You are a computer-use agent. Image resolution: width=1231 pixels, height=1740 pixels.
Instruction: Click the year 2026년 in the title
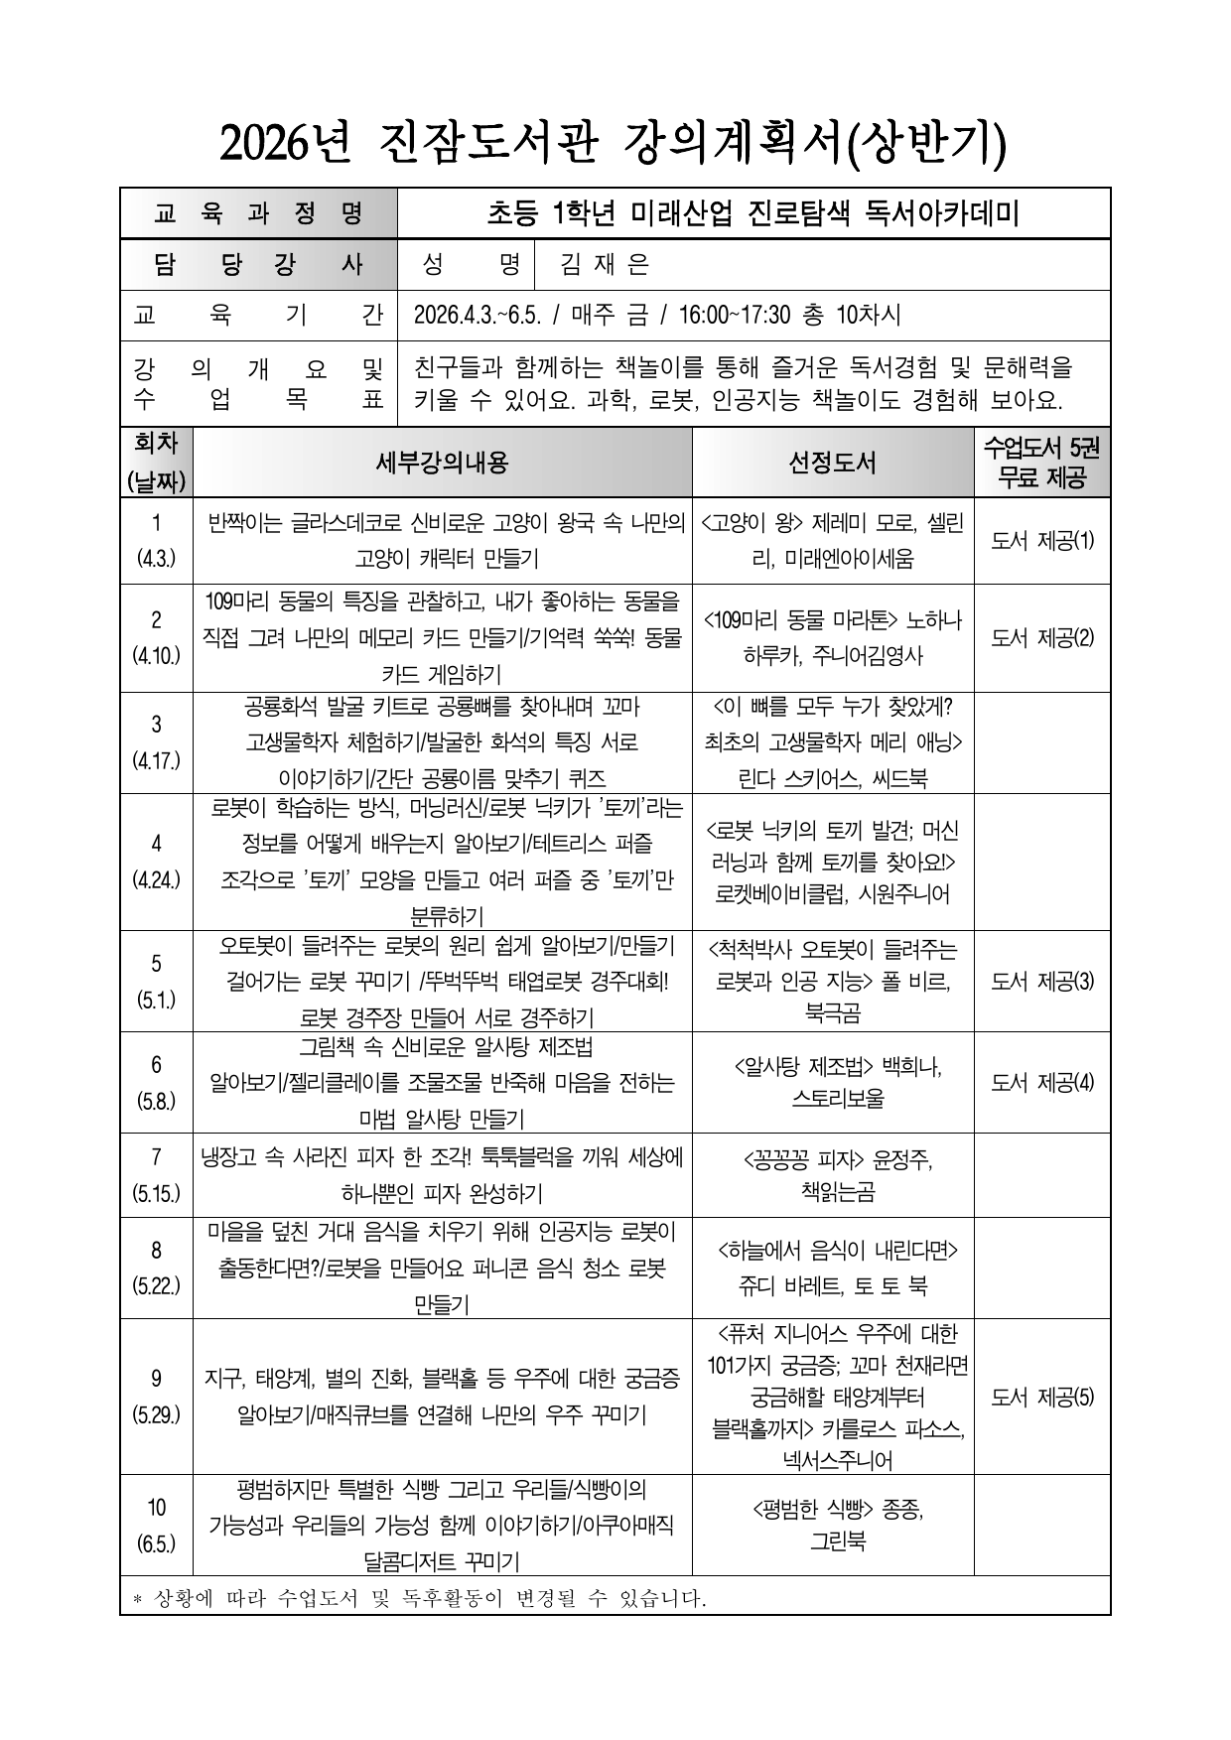pos(285,145)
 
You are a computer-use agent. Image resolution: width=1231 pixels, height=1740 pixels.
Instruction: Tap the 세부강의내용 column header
pos(443,463)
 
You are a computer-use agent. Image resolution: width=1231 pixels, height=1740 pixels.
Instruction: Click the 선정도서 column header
pos(832,463)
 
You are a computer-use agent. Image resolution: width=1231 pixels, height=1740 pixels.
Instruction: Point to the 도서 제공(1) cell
pos(1042,541)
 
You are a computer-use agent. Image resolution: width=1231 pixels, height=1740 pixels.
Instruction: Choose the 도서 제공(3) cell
pos(1042,981)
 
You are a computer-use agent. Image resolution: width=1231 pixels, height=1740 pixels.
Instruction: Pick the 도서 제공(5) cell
pos(1042,1397)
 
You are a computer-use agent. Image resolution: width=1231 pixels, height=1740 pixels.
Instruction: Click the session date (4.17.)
pos(156,761)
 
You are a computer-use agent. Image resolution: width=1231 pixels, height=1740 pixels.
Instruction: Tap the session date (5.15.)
pos(156,1194)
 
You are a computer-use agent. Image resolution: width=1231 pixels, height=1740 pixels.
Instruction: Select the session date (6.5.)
pos(156,1543)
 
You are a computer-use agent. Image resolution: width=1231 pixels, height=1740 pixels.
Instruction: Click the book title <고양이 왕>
pos(752,523)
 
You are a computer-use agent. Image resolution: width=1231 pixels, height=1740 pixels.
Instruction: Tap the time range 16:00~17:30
pos(735,316)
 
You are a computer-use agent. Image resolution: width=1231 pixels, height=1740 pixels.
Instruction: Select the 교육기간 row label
pos(258,316)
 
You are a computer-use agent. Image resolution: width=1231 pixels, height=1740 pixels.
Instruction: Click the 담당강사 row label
pos(258,265)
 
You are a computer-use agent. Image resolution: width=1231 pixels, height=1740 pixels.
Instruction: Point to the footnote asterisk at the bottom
pos(138,1599)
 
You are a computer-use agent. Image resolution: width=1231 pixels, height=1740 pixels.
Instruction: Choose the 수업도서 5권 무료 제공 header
pos(1042,463)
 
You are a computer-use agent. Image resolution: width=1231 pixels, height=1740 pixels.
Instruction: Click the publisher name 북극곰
pos(832,1013)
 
